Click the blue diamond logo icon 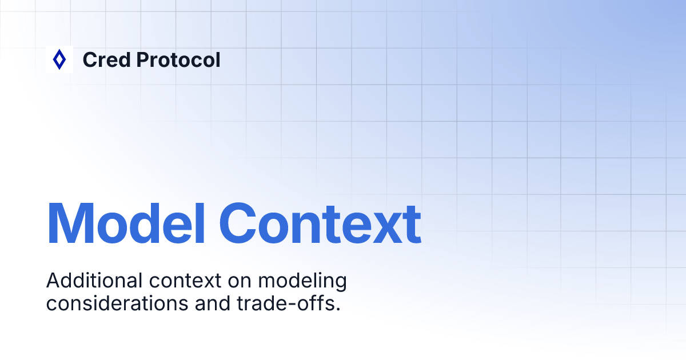click(x=59, y=59)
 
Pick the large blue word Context click(x=320, y=223)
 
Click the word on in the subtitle click(x=238, y=282)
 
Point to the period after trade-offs click(x=338, y=309)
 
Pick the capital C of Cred click(x=90, y=59)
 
